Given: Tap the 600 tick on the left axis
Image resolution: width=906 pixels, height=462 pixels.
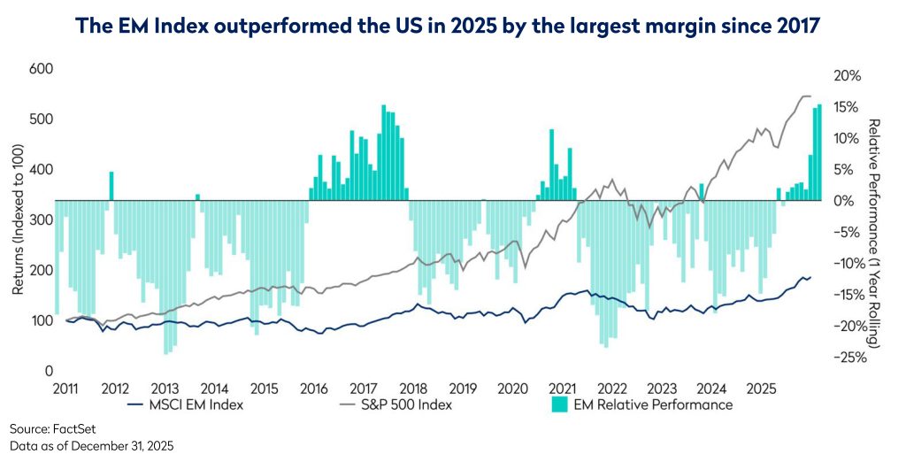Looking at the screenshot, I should click(42, 69).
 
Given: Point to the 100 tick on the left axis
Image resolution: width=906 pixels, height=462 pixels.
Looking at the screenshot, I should click(42, 320).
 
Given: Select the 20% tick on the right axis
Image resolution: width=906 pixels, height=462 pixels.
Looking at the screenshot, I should click(847, 76).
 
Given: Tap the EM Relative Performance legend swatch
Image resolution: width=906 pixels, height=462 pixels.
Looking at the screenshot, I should click(558, 405).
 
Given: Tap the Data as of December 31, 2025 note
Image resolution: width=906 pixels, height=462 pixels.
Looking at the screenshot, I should click(92, 446).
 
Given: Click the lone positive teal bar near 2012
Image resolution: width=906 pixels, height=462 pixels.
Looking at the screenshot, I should click(111, 186).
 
